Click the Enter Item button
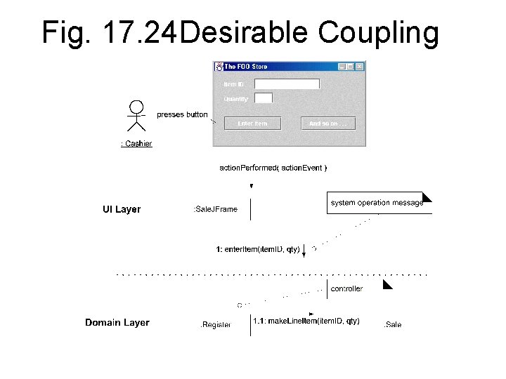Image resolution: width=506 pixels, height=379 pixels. click(x=252, y=124)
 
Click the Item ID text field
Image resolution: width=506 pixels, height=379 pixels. click(x=287, y=84)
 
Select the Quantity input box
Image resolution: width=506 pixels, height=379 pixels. click(x=263, y=99)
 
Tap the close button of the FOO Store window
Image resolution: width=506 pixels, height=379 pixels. click(x=360, y=67)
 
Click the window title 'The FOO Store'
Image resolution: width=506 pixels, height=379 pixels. click(x=245, y=67)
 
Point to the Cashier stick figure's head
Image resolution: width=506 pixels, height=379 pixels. click(x=136, y=107)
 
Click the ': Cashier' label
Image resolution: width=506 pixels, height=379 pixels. click(x=136, y=144)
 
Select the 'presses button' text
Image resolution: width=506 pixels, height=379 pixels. click(x=182, y=114)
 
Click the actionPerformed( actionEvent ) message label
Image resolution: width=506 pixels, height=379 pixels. click(x=273, y=168)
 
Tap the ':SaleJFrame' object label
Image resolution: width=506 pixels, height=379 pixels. click(x=215, y=209)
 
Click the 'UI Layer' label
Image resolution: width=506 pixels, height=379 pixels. click(x=122, y=209)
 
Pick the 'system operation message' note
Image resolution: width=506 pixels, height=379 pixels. click(x=377, y=203)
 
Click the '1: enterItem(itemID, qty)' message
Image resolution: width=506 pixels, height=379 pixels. click(x=258, y=248)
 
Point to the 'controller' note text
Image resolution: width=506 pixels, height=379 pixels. click(x=346, y=288)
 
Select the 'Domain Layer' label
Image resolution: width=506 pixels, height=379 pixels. click(x=117, y=323)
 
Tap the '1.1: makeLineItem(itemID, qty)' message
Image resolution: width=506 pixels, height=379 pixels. click(x=306, y=321)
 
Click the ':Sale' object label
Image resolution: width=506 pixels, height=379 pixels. click(x=392, y=325)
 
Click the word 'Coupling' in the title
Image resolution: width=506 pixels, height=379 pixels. click(x=378, y=32)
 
